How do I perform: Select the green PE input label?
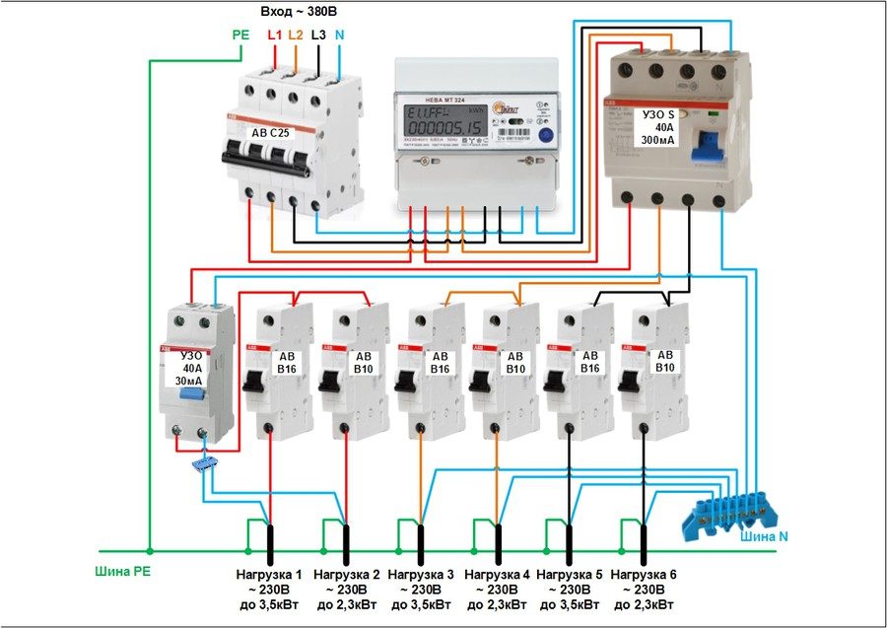point(240,35)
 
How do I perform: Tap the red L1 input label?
point(274,35)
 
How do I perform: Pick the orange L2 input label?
point(296,35)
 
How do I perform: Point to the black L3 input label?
point(318,35)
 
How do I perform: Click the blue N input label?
point(340,35)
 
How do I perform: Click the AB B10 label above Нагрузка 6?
point(666,362)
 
